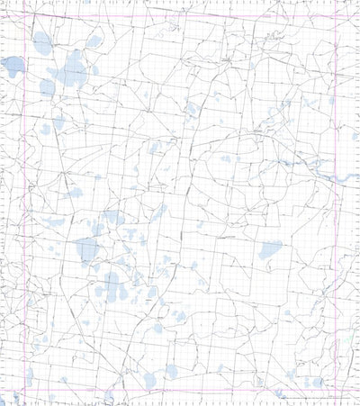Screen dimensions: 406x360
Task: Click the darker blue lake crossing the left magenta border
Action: coord(13,66)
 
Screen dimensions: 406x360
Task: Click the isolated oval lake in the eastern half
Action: coord(269,249)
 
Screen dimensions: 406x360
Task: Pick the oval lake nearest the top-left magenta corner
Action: coord(41,42)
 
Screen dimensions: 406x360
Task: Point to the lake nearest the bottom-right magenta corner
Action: coord(316,381)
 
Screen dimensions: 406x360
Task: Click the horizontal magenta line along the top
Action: coord(180,14)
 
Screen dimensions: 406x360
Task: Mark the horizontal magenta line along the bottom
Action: coord(180,393)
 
